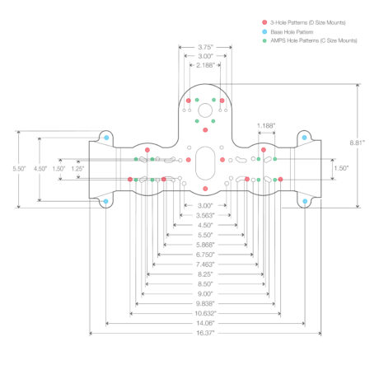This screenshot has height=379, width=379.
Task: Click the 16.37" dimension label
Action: pos(205,333)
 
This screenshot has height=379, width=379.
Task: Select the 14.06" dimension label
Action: pos(205,323)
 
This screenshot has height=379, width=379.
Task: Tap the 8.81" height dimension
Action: pos(357,143)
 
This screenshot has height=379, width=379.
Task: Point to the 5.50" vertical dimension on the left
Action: pos(19,168)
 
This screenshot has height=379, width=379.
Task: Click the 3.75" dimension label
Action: pos(205,47)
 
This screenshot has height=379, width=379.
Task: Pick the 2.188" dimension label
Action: pos(205,65)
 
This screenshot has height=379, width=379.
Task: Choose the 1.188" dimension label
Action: pos(266,126)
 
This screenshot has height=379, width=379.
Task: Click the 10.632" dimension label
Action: pos(205,313)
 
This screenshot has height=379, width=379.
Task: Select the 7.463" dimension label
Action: pos(205,264)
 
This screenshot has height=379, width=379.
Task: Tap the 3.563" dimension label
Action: pos(205,215)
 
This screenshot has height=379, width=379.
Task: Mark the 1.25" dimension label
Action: pos(77,168)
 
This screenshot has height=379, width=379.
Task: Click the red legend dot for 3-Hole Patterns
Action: pos(264,22)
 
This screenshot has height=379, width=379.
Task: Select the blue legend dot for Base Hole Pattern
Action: pos(264,31)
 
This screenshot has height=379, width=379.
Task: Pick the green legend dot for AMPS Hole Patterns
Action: pos(264,40)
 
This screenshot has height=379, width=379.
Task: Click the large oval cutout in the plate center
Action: pos(205,163)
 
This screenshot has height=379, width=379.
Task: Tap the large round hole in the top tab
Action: pos(205,110)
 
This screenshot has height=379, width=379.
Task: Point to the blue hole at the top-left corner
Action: pos(106,138)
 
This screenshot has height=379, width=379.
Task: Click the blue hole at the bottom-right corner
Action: pos(305,201)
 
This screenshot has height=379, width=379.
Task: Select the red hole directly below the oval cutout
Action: pos(205,189)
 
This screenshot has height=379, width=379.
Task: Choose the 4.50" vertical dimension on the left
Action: pos(40,168)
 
